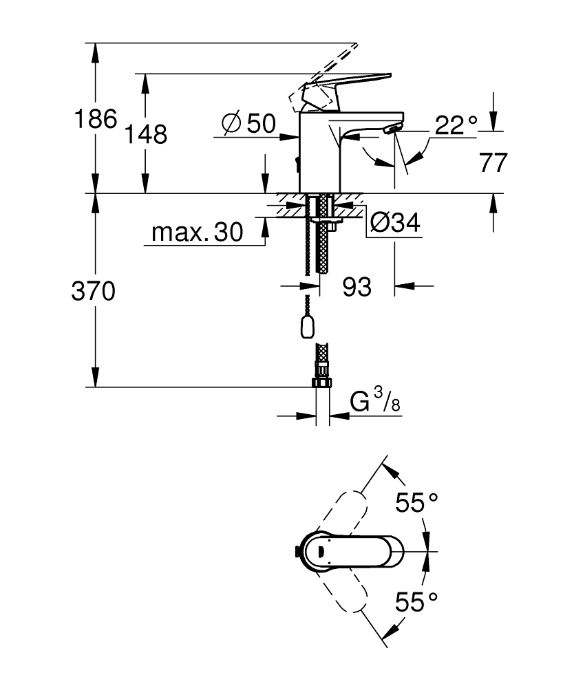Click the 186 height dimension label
[96, 118]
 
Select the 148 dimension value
[146, 134]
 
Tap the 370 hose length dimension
[94, 291]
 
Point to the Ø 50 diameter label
[249, 123]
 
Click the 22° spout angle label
[456, 125]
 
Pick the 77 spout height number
[493, 163]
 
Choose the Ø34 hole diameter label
[395, 222]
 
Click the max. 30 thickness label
[197, 232]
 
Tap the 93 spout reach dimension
[357, 287]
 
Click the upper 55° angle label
[416, 502]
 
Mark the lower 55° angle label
[416, 601]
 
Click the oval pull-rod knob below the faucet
[307, 327]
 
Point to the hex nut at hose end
[321, 383]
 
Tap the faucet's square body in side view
[319, 153]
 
